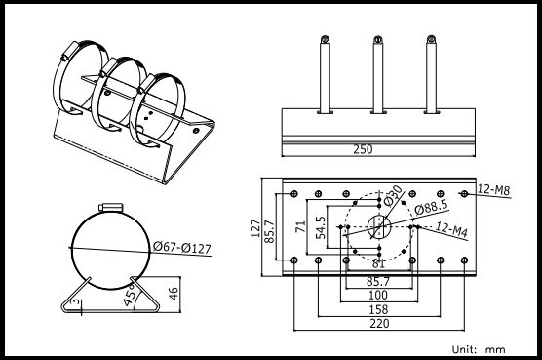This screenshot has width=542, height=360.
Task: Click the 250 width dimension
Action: (363, 149)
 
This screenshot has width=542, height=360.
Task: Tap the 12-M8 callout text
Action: (493, 190)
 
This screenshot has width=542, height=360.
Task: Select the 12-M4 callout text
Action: (452, 229)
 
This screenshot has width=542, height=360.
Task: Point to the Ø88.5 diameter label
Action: (432, 207)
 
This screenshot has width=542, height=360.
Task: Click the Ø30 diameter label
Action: (393, 195)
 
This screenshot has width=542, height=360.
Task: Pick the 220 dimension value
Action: (379, 324)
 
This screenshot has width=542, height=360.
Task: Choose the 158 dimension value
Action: (378, 309)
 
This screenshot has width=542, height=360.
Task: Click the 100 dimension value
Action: (378, 296)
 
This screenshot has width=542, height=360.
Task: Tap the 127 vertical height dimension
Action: (255, 228)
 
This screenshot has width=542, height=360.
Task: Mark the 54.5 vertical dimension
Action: (321, 227)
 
